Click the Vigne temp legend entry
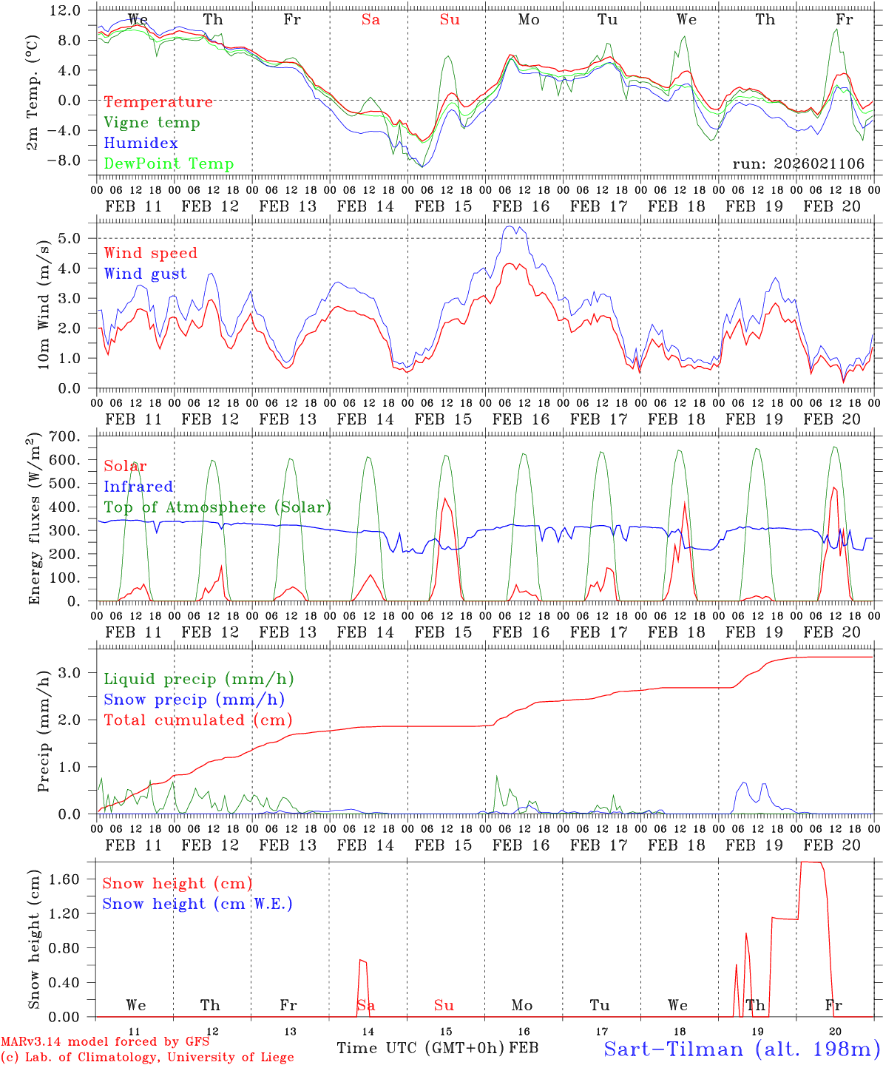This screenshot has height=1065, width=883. click(152, 123)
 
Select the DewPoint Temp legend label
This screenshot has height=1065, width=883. click(169, 164)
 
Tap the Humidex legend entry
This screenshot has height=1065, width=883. click(141, 143)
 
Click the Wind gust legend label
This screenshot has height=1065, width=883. click(145, 274)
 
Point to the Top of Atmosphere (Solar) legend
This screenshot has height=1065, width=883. click(217, 507)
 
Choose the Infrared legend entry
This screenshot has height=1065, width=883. click(138, 487)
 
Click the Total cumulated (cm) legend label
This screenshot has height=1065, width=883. click(197, 720)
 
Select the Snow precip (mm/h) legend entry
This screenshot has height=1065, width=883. click(194, 700)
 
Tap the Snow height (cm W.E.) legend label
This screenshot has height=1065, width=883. click(197, 904)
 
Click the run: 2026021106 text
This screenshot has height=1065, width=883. click(798, 164)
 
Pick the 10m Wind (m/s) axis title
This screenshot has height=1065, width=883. click(44, 304)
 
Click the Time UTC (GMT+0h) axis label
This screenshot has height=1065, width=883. click(421, 1048)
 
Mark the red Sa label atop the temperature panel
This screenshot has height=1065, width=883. click(371, 20)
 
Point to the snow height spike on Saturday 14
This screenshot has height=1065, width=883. click(362, 961)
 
